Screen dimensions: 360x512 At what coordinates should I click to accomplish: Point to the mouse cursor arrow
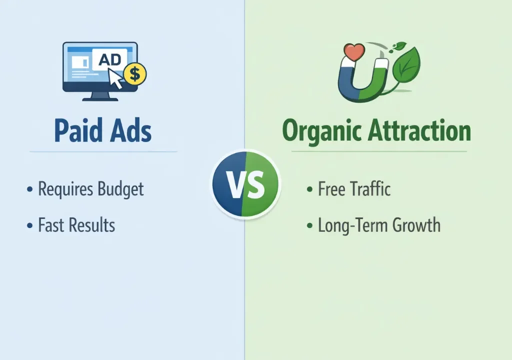click(x=116, y=79)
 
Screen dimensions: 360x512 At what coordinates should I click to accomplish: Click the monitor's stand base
click(x=100, y=98)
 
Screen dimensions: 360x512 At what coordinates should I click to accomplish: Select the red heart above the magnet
click(x=354, y=52)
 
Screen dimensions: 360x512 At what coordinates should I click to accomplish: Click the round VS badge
click(x=245, y=183)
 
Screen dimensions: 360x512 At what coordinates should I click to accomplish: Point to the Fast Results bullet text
click(x=76, y=225)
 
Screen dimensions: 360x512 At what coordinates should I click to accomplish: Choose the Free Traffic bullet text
click(x=354, y=189)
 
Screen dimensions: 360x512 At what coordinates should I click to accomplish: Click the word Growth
click(x=416, y=225)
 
